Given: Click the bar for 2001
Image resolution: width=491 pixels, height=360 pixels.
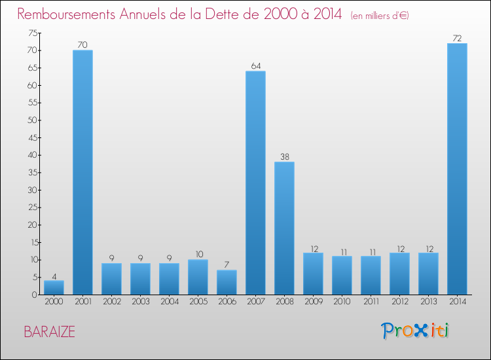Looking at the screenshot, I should pos(82,172).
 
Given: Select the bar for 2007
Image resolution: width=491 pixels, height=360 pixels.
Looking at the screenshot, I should pos(255,183).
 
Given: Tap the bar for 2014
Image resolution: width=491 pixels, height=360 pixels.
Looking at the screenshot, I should pos(457,169).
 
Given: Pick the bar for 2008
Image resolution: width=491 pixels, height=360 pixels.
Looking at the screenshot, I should pos(284,228).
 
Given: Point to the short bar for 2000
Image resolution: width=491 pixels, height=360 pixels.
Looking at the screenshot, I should pos(54,287).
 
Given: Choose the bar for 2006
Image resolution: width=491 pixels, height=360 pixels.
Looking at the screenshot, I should pos(227,282).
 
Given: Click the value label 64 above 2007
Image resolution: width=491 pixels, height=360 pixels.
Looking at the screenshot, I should pos(255,65).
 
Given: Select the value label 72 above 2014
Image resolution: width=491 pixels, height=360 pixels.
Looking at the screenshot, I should pos(457,38).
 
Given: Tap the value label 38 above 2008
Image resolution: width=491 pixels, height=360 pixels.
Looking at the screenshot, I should pos(284,156).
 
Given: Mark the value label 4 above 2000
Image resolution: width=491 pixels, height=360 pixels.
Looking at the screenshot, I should pos(54,275).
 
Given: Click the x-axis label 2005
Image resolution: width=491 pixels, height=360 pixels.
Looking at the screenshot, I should pos(198,302).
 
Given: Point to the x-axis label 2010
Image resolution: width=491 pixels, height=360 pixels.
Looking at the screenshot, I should pos(342,302).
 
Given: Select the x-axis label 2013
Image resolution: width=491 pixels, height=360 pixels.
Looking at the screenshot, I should pos(428,302).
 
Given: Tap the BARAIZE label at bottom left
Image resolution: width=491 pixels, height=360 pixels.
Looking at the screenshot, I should pos(49,332).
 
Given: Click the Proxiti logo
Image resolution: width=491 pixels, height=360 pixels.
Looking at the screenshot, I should pos(416,331).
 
